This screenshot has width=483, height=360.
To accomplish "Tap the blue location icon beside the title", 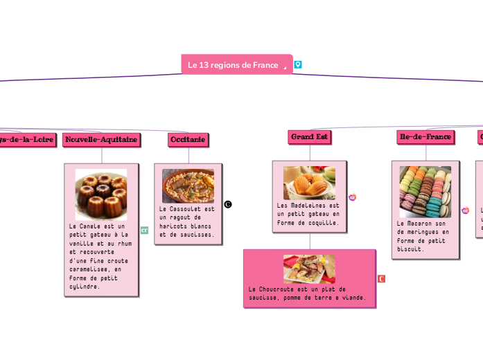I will coord(298,64).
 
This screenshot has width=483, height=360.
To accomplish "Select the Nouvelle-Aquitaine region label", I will coord(101,140).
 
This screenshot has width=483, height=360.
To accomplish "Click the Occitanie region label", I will coord(187,140).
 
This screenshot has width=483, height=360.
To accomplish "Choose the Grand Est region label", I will coord(309,137).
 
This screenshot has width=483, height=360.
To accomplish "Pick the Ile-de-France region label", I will coord(425,137).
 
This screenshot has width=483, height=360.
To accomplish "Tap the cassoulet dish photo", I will coord(188,186).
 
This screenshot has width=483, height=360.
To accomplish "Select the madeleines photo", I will coord(309,183).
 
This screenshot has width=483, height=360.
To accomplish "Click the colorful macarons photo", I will coord(425,191).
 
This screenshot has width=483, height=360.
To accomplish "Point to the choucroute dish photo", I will coord(309,269).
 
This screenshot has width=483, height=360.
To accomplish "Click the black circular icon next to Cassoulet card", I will coord(228,205).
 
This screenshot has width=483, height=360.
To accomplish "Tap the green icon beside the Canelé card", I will coord(145,230).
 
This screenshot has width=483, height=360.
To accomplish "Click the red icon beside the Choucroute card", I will coord(382,278).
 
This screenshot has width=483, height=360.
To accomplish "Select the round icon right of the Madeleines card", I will coord(352,197).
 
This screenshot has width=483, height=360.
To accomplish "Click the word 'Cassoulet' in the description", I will coord(185,208).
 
